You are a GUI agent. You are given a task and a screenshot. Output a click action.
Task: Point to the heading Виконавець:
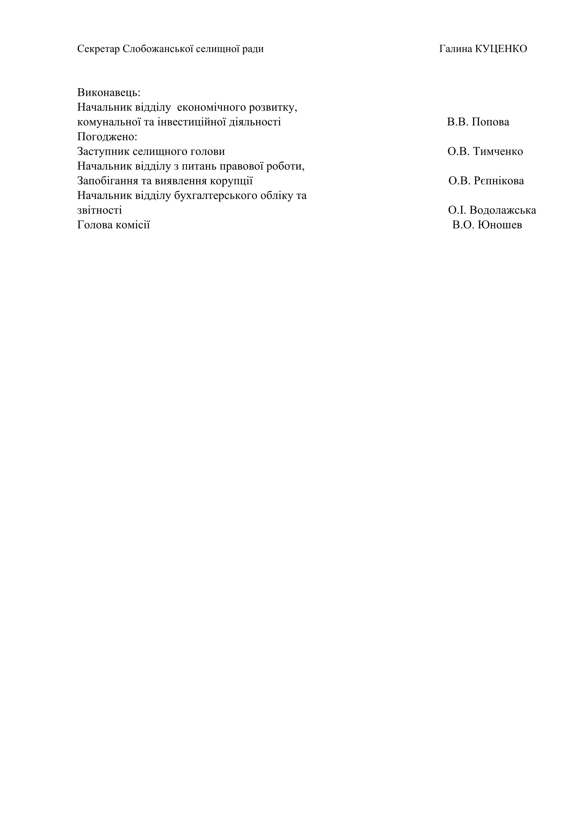tap(109, 93)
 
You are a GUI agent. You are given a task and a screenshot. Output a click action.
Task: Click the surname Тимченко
tap(498, 152)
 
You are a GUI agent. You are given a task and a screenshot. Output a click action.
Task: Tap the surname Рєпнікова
tap(499, 181)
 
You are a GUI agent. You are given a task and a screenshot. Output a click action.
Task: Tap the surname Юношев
tap(500, 225)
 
